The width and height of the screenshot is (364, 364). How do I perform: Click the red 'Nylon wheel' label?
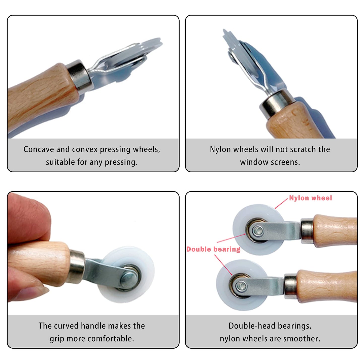[x=310, y=198]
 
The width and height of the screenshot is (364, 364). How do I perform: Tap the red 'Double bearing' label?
[x=213, y=249]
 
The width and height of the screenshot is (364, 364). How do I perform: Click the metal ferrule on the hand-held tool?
[x=77, y=267]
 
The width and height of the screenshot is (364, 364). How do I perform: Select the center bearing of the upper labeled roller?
[x=257, y=230]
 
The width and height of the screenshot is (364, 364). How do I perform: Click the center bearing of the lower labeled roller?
[x=241, y=286]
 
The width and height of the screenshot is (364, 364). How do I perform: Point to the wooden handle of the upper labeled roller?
[x=335, y=230]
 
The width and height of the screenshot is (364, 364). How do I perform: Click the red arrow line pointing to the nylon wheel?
[x=281, y=204]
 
